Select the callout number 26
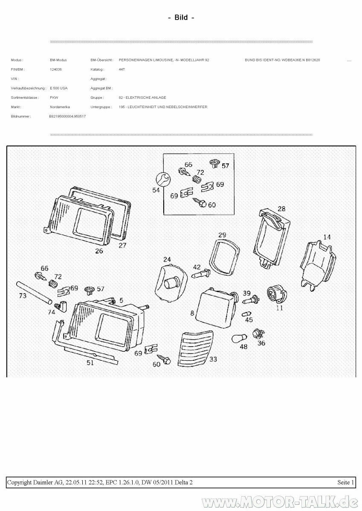pos(99,251)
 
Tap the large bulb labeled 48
pos(238,338)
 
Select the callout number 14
pos(327,237)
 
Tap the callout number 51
pos(90,363)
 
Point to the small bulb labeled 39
pos(250,301)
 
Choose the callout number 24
pos(167,259)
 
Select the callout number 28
pos(281,209)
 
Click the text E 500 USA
pos(58,88)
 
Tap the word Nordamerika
pos(60,107)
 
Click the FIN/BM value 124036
pos(56,69)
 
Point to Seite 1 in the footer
pos(345,482)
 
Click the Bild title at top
pos(181,17)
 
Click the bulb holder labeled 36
pos(258,333)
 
